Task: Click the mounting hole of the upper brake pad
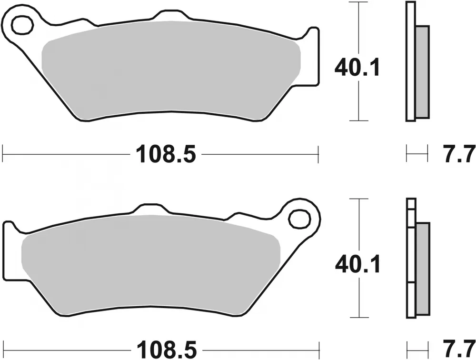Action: point(20,25)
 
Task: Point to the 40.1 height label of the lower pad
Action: point(357,264)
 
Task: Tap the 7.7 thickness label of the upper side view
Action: point(456,154)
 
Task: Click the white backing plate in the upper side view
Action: point(409,62)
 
